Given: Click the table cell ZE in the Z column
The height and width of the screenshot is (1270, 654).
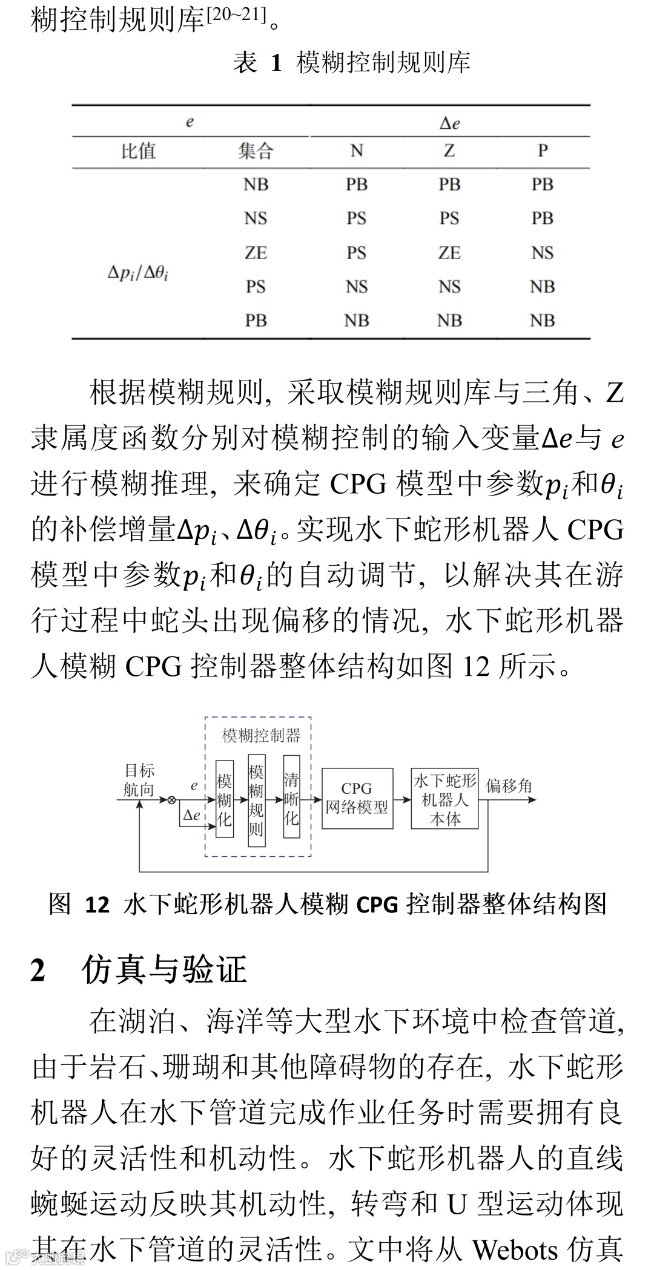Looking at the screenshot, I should point(449,252).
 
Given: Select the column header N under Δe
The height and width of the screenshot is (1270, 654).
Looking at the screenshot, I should point(357,151).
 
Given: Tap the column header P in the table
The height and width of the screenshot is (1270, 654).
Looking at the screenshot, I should point(543,151).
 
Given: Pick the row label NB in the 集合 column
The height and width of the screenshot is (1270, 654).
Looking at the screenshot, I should point(256,185).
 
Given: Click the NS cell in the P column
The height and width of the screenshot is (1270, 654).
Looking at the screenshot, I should point(543,252).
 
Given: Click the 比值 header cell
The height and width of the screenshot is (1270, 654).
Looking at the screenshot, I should point(138,151).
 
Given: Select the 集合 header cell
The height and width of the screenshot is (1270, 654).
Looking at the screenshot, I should point(256,151).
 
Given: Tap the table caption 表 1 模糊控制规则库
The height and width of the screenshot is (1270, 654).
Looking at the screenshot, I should point(352,63).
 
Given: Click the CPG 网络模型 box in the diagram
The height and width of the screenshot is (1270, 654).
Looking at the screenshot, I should point(357,798).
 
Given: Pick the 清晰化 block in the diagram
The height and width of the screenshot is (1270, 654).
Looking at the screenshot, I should point(292,796).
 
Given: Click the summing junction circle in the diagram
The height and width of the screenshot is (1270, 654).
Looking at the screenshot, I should point(171,800).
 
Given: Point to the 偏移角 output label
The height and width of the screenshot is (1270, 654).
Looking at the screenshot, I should point(509,786).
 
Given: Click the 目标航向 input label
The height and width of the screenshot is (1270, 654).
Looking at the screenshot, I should point(139,780).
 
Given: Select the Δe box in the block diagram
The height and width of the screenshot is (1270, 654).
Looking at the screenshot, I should point(191,815).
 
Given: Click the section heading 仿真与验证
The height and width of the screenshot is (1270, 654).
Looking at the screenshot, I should point(163,970).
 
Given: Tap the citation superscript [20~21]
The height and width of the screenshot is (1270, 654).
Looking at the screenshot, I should point(237,16).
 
